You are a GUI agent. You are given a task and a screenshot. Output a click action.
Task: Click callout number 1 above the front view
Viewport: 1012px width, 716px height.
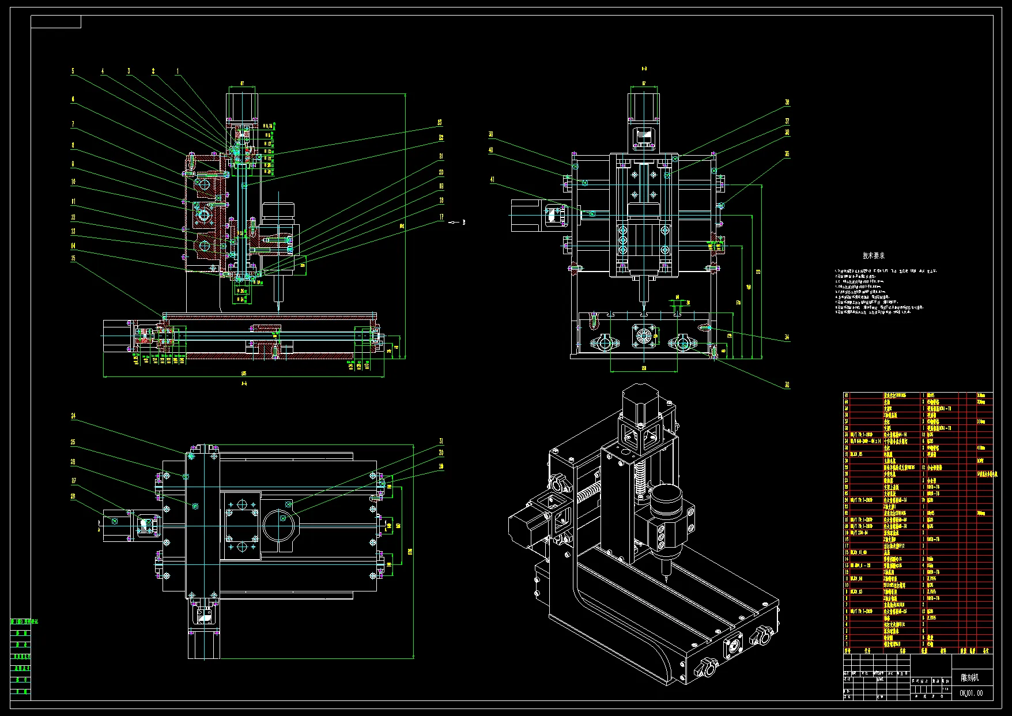178,71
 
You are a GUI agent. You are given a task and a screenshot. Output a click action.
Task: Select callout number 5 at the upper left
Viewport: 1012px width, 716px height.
73,71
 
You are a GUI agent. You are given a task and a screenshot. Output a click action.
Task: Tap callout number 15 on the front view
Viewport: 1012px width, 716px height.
73,258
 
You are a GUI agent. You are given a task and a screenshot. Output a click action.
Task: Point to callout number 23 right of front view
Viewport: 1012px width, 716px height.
440,122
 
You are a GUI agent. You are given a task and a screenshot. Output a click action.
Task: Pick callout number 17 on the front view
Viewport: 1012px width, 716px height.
441,217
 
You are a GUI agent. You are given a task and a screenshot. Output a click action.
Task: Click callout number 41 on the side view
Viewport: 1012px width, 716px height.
492,180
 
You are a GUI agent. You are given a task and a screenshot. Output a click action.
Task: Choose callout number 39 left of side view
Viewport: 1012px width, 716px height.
491,134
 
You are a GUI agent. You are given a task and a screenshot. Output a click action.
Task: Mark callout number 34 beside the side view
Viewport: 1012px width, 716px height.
787,337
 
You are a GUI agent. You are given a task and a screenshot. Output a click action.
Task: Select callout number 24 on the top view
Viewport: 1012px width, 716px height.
73,416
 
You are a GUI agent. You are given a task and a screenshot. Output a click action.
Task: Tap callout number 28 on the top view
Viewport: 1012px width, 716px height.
73,496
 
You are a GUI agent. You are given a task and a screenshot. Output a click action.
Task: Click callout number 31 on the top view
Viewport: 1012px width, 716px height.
441,442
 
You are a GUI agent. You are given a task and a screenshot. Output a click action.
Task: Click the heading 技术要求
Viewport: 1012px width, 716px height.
874,255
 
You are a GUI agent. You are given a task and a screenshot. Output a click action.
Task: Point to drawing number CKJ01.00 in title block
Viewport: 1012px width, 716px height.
972,693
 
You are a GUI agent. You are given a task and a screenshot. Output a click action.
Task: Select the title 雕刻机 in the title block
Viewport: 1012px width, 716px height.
969,677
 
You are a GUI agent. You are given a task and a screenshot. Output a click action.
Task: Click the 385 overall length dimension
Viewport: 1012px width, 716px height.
244,373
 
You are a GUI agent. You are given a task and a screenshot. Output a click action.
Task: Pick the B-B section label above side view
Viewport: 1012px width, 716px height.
644,69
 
